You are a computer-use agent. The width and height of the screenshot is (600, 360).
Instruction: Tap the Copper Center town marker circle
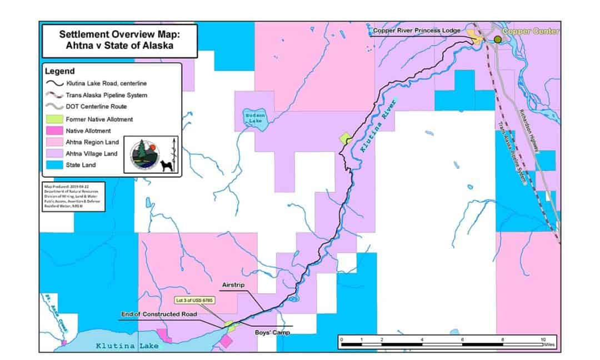point(498,39)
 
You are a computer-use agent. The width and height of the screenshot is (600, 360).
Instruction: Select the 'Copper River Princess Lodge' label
point(416,31)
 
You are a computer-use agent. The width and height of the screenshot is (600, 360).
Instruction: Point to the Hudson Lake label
point(253,117)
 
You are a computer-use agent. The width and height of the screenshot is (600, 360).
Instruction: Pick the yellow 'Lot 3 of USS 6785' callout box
point(196,299)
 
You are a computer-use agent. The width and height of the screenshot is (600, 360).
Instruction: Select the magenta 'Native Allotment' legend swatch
point(53,131)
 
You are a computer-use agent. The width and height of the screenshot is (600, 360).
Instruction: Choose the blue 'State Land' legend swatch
point(53,165)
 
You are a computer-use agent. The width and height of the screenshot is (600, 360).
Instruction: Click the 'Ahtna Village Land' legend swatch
point(53,153)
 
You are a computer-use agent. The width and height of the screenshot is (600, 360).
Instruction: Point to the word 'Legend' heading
point(59,71)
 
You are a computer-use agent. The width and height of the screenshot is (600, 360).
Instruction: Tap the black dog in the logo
point(166,163)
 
